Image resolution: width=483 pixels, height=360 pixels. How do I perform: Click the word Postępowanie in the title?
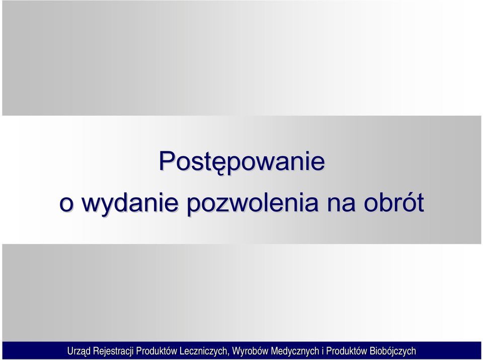point(242,162)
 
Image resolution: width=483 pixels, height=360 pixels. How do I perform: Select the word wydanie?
point(130,203)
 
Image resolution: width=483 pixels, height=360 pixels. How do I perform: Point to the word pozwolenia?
point(253,203)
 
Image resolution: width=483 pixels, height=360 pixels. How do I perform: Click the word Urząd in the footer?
point(78,351)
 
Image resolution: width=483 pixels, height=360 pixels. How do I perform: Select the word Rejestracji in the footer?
point(113,351)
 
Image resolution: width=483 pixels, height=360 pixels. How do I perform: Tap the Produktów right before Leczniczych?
point(156,351)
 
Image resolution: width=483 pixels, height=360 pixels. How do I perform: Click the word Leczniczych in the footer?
point(204,351)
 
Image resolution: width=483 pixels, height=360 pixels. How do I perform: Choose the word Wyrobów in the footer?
point(250,351)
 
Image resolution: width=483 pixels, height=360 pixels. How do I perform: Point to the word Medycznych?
point(295,351)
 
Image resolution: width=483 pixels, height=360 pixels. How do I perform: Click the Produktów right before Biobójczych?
point(347,351)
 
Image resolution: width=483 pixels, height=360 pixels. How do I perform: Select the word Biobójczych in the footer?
point(393,351)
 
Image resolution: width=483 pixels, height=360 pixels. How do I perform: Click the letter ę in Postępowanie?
point(216,165)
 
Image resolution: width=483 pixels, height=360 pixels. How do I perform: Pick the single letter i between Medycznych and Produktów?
point(323,351)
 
